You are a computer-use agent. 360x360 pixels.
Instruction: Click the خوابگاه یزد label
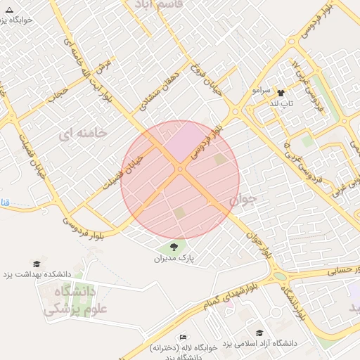[29, 20]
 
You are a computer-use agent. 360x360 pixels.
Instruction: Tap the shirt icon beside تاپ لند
[281, 92]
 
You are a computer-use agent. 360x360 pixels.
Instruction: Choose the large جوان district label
[244, 200]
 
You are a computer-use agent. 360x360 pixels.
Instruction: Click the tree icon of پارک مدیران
[174, 247]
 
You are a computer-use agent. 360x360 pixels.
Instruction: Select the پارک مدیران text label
[174, 259]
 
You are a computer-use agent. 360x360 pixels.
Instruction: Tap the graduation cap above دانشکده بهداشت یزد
[37, 263]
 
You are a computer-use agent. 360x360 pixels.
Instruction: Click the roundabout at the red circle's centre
[180, 169]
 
